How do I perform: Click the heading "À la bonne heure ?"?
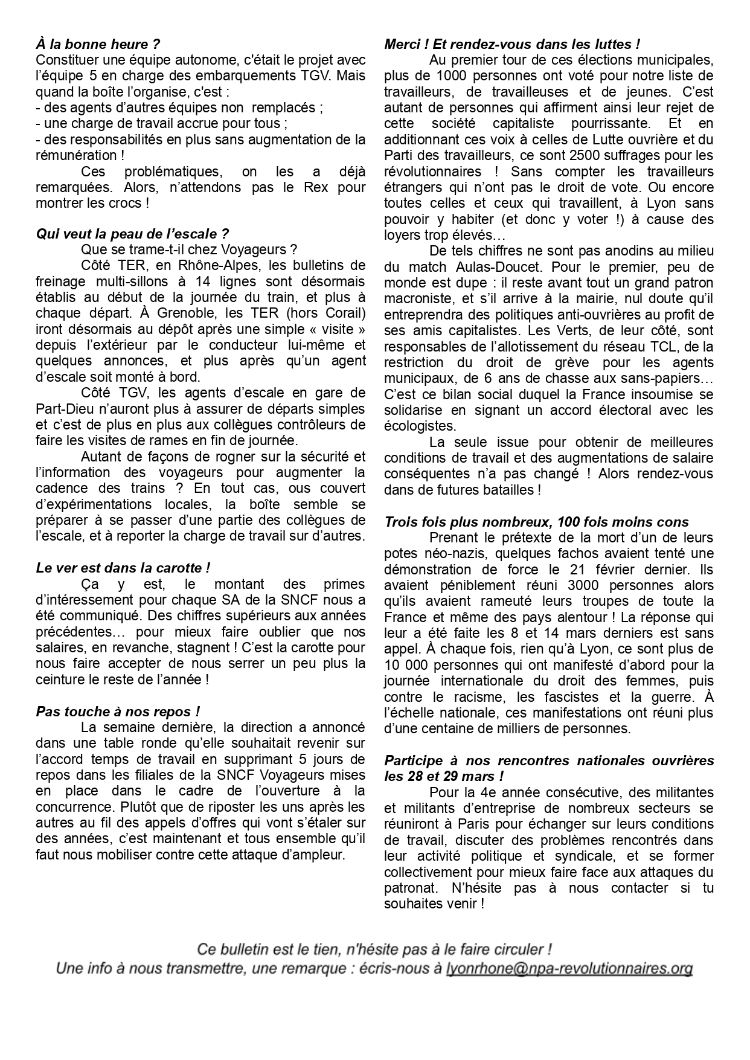tap(98, 44)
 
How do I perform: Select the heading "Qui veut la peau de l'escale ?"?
tap(132, 234)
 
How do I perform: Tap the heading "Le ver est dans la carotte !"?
tap(123, 568)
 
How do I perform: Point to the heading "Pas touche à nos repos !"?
tap(118, 711)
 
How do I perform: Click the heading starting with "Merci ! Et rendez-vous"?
tap(512, 44)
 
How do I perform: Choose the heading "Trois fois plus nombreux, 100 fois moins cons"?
tap(536, 522)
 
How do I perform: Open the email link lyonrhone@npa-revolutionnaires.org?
tap(569, 969)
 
